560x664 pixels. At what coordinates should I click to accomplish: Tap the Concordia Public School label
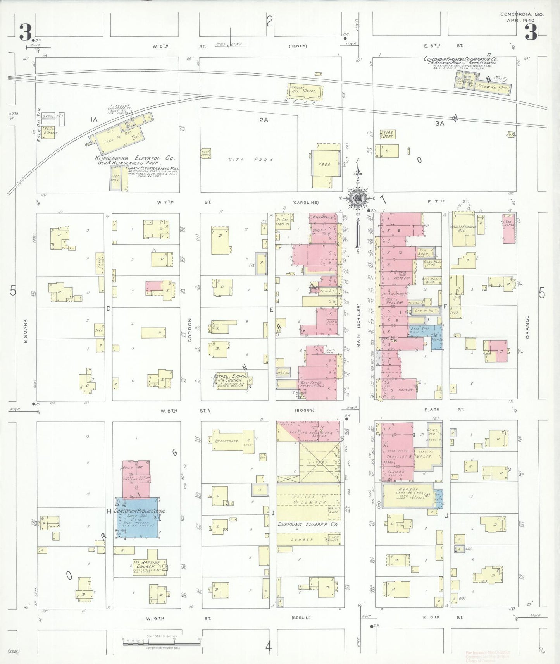(140, 511)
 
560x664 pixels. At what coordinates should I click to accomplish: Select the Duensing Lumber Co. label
(308, 524)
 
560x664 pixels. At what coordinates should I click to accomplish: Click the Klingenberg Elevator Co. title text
(135, 158)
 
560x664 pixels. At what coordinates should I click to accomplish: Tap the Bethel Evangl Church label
(231, 378)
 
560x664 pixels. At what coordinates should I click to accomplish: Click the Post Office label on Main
(322, 217)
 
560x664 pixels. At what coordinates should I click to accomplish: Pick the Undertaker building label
(227, 441)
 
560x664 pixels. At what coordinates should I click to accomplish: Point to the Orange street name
(527, 327)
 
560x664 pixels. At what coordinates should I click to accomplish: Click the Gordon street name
(190, 330)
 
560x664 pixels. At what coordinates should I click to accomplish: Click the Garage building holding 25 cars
(408, 494)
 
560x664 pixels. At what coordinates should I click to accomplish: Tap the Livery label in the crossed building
(318, 462)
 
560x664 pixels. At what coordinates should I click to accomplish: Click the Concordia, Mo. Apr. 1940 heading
(522, 17)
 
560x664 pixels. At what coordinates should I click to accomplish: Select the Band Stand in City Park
(205, 153)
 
